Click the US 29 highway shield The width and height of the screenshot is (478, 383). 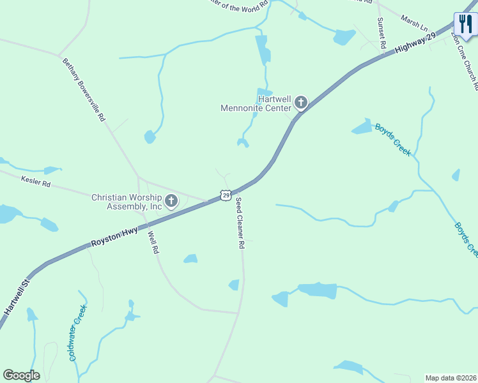225,194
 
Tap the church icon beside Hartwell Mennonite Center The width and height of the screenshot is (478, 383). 300,102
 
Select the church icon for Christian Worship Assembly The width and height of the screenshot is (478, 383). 171,202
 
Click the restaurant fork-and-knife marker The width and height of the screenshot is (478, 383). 465,26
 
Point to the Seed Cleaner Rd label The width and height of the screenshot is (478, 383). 240,223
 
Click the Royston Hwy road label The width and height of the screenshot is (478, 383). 116,238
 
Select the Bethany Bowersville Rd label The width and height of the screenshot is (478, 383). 84,91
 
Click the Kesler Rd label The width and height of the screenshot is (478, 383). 35,183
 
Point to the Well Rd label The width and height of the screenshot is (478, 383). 153,243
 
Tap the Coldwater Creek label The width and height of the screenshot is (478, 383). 78,333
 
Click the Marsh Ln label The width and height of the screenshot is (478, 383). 414,25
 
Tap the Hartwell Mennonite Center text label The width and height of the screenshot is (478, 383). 256,103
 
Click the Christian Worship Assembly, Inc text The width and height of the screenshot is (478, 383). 126,202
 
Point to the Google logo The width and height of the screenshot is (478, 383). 21,375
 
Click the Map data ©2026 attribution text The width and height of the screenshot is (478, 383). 451,378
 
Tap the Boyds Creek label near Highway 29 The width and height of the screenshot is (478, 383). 392,139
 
